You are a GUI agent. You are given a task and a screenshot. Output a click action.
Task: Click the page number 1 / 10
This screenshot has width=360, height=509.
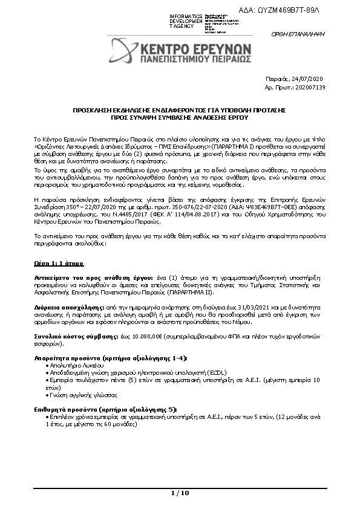point(180,493)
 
